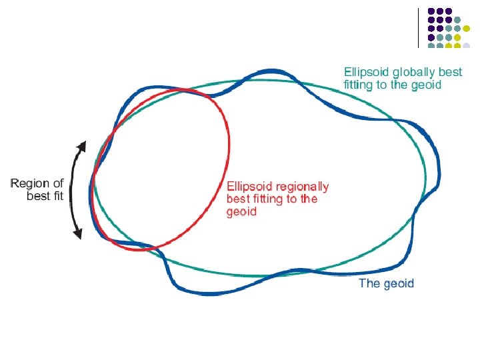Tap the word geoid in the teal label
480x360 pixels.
[427, 85]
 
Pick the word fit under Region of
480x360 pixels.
[56, 197]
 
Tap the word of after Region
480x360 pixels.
[58, 183]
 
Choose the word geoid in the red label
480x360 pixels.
[241, 212]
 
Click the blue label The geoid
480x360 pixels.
[386, 283]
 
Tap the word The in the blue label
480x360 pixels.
[369, 283]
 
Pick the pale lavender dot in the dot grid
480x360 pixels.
[466, 46]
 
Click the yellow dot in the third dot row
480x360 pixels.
[466, 29]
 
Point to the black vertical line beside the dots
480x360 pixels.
[418, 28]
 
